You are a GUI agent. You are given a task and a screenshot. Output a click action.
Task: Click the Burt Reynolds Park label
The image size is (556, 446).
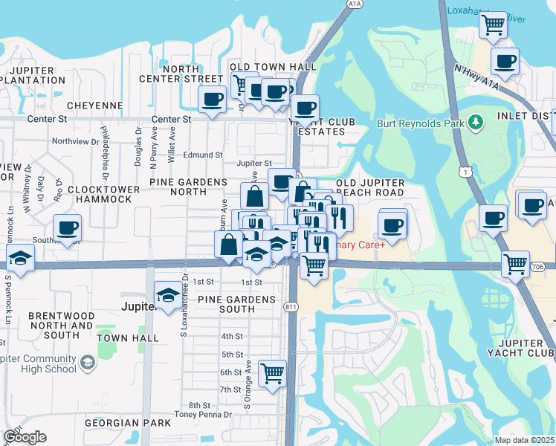(420, 123)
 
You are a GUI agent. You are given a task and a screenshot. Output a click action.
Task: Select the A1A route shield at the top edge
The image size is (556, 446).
(354, 4)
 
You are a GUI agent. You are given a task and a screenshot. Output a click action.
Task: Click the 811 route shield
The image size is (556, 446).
(291, 305)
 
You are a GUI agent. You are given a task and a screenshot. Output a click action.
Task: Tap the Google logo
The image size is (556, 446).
(25, 437)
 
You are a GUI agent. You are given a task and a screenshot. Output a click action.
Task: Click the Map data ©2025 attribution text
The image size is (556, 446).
(525, 440)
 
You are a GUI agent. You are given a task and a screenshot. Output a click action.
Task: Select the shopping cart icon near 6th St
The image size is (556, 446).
(273, 372)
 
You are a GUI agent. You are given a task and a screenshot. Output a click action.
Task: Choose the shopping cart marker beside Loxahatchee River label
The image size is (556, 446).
(493, 25)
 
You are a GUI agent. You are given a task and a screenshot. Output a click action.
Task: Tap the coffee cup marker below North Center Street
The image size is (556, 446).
(212, 99)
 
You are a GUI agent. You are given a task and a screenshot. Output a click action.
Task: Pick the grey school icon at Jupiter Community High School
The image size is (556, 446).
(88, 362)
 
